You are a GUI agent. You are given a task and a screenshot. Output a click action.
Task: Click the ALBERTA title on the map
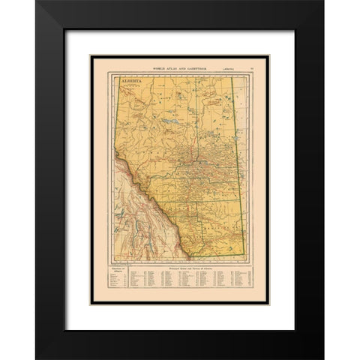[x=125, y=78]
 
